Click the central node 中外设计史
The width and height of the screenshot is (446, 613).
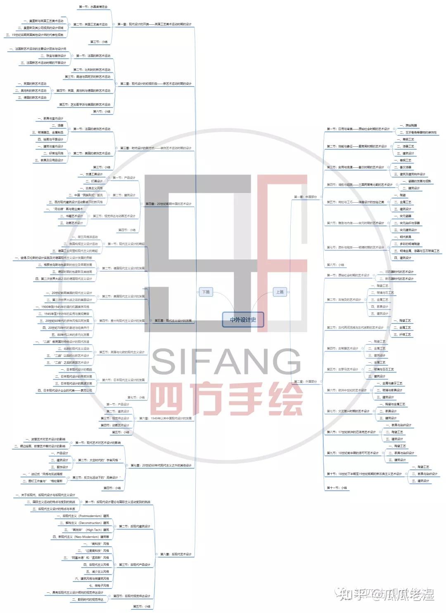click(x=243, y=320)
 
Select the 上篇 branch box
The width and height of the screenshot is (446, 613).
click(x=280, y=292)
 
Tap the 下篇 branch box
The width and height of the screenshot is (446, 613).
click(x=206, y=292)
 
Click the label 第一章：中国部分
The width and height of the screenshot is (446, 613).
click(x=305, y=197)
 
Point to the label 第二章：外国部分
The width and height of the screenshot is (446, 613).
click(x=305, y=381)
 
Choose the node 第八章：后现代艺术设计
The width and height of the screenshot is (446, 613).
click(x=176, y=554)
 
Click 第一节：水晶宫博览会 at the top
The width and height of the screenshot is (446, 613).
click(x=93, y=7)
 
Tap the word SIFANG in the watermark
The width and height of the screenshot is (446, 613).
click(x=226, y=362)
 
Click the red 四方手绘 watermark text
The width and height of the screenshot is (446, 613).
click(x=226, y=399)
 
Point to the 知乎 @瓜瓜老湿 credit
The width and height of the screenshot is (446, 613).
click(x=386, y=595)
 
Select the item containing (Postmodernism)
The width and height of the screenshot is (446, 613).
click(x=83, y=516)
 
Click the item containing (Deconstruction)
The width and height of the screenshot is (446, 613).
click(x=85, y=523)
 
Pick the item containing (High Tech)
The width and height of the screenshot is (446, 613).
click(x=86, y=530)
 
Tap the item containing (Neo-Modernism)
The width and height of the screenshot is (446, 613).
click(x=81, y=537)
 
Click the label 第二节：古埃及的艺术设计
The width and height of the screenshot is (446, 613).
click(x=344, y=299)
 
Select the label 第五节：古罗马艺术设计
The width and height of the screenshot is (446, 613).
click(x=342, y=369)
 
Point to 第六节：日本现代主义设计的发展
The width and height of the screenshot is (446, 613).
click(x=123, y=380)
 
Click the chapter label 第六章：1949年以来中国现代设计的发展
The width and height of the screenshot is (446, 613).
click(x=165, y=418)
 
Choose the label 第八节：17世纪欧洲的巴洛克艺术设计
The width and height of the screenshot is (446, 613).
click(x=351, y=432)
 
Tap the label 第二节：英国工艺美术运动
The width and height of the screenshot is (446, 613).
click(x=90, y=24)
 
